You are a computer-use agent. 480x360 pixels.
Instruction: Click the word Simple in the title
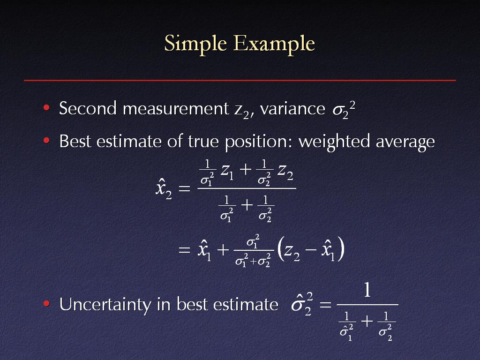point(195,44)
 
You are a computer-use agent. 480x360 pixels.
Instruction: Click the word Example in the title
point(274,44)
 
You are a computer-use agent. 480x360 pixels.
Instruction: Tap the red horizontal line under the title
point(240,80)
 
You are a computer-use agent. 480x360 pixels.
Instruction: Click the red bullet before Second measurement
point(46,107)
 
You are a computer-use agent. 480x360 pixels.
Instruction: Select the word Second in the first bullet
point(88,108)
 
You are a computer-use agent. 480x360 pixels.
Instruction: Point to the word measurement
point(176,109)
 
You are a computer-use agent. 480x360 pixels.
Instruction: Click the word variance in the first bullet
point(292,109)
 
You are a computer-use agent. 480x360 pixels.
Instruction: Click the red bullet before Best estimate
point(46,141)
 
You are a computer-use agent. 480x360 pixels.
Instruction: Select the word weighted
point(334,142)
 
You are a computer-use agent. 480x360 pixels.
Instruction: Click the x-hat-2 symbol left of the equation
point(164,189)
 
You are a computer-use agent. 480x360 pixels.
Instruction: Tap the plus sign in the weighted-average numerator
point(246,169)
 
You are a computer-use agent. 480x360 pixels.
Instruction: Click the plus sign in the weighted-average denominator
point(247,205)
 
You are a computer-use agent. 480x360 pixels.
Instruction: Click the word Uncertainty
point(105,305)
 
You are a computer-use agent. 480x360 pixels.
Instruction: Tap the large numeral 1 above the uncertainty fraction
point(367,290)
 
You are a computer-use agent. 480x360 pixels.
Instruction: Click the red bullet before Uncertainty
point(46,303)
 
